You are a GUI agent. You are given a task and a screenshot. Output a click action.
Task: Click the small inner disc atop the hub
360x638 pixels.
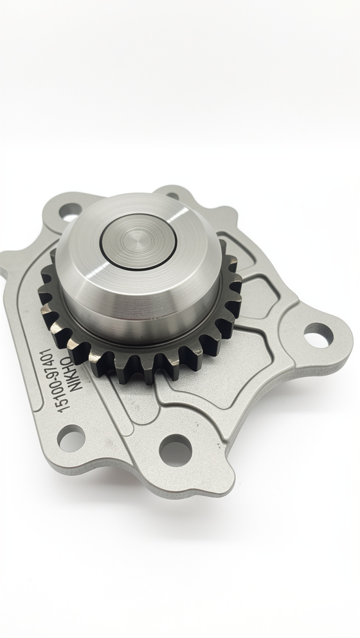pyautogui.click(x=138, y=242)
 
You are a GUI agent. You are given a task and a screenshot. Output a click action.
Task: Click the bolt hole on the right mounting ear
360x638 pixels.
pyautogui.click(x=318, y=335)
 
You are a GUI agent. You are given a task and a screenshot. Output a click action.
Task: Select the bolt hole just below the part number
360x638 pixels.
pyautogui.click(x=71, y=438)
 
